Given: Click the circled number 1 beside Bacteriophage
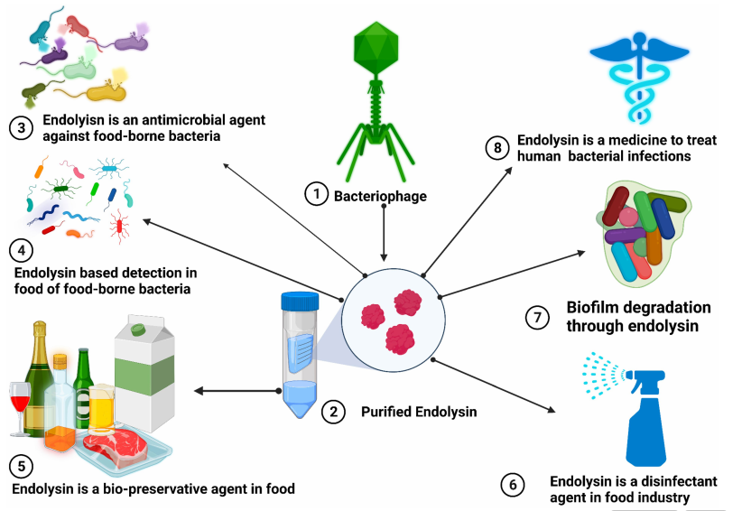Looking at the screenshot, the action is (x=316, y=194).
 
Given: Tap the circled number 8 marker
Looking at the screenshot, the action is (x=497, y=148).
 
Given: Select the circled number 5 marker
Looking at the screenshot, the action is (x=22, y=466).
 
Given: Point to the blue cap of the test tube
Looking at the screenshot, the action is (x=300, y=302).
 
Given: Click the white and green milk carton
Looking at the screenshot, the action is (x=144, y=374).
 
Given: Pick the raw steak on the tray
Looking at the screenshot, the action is (x=116, y=445).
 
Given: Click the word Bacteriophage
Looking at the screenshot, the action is (x=380, y=196).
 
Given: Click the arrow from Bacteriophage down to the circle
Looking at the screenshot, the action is (x=384, y=233).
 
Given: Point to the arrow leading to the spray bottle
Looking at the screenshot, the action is (x=493, y=386).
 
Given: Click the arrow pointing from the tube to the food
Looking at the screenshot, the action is (x=237, y=391).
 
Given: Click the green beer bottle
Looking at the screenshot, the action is (x=83, y=388).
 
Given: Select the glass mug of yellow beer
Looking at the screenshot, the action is (x=101, y=408).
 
